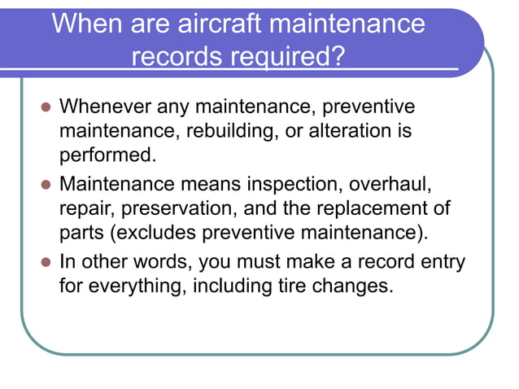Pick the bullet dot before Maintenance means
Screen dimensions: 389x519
click(x=46, y=185)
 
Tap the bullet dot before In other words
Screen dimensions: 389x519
click(x=46, y=263)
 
